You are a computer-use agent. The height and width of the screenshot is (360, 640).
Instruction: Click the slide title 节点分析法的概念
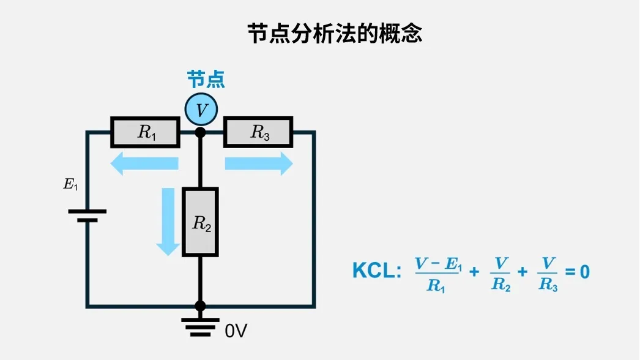tap(335, 33)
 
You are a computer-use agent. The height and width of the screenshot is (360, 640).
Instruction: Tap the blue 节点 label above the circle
tap(206, 79)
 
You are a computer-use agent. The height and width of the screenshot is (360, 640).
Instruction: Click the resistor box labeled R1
tap(145, 132)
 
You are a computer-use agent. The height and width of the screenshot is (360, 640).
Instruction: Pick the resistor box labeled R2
tap(200, 222)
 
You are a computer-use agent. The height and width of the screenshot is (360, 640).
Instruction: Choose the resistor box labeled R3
tap(258, 132)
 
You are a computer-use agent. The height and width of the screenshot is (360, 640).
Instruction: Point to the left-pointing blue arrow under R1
tap(144, 163)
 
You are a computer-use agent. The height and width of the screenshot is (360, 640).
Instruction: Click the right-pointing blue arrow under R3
tap(259, 163)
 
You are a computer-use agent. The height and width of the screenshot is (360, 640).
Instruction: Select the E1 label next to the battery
tap(70, 184)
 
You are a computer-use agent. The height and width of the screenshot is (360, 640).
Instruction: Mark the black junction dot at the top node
tap(200, 132)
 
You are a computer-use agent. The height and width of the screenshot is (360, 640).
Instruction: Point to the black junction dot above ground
tap(200, 306)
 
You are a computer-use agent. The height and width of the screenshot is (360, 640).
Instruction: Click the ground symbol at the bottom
tap(200, 327)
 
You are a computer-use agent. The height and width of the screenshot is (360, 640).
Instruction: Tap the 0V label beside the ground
tap(236, 331)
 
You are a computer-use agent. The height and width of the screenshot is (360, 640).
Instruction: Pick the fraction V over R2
tap(500, 274)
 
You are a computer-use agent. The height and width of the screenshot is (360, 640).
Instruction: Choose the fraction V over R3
tap(548, 274)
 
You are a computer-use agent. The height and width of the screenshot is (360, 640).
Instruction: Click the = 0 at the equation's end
tap(577, 271)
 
